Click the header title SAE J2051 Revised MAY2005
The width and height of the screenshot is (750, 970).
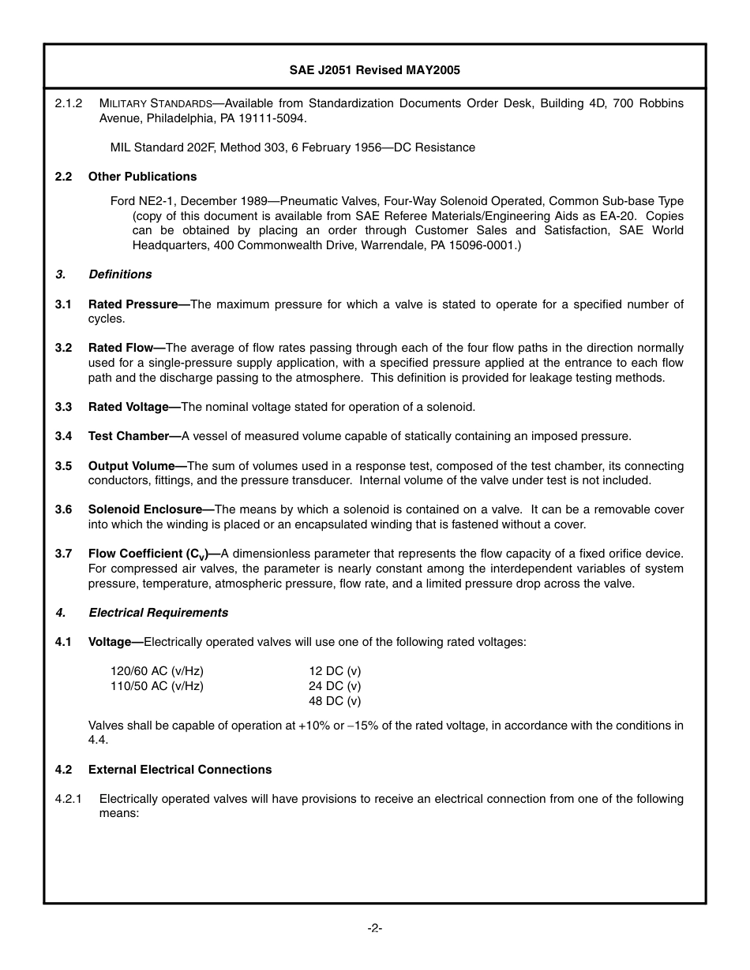374,70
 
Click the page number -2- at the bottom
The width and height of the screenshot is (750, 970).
374,928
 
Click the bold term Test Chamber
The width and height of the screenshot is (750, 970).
132,436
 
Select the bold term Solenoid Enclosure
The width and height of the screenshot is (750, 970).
148,509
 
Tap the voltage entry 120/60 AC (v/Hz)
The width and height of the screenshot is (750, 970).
157,671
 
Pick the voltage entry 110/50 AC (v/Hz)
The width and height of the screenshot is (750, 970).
157,686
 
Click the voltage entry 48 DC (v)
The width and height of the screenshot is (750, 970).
335,701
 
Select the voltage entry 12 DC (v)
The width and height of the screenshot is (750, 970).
335,671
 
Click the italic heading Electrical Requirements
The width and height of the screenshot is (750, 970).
158,613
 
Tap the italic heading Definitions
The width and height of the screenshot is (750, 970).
120,274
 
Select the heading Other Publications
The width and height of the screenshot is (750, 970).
142,177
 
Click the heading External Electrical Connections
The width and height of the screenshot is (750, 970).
180,770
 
